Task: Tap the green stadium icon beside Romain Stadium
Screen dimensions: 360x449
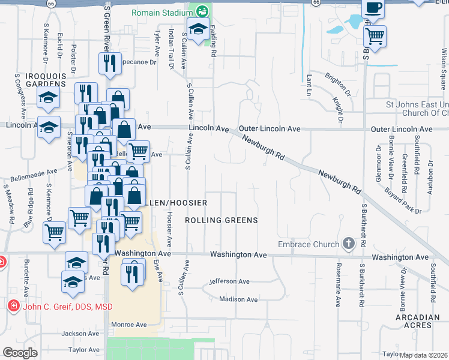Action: (202, 11)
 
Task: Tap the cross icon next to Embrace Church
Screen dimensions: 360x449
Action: (348, 244)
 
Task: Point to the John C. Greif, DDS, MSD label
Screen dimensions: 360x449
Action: (68, 307)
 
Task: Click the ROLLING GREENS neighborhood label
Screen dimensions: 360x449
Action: (221, 220)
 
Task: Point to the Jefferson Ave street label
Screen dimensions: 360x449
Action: (229, 281)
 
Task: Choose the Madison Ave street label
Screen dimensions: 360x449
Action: (238, 299)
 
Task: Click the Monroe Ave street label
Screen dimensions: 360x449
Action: (129, 325)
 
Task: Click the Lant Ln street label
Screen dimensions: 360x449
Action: (309, 85)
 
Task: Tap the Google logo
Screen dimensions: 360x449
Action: (20, 353)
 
